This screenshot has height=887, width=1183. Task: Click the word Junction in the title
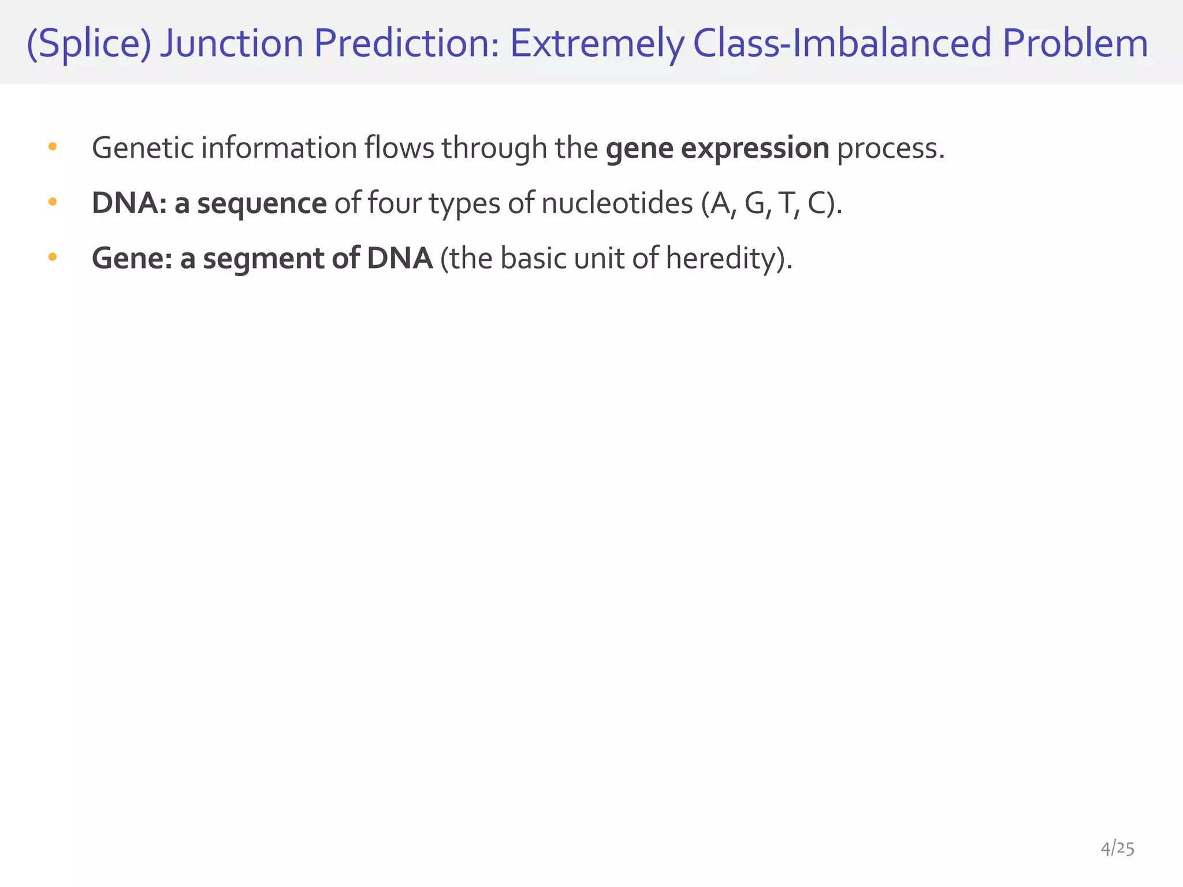click(232, 44)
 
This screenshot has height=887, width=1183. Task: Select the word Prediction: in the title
click(407, 44)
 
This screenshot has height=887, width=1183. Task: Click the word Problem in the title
click(1075, 44)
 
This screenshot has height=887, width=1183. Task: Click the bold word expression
click(755, 149)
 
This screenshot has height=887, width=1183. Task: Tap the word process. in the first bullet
click(891, 149)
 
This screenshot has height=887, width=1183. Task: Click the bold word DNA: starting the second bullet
click(129, 203)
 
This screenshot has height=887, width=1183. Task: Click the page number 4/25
click(1117, 849)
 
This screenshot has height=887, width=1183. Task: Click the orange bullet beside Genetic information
click(53, 147)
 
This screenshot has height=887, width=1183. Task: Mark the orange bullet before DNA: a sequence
click(53, 202)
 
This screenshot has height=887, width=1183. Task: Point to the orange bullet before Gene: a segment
click(53, 256)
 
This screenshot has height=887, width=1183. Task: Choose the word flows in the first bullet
click(399, 148)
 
